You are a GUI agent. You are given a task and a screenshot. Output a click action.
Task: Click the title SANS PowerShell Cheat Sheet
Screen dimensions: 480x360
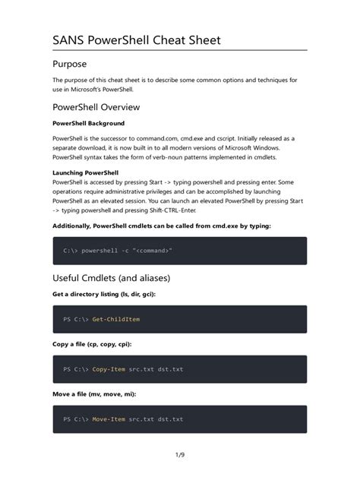[x=137, y=39]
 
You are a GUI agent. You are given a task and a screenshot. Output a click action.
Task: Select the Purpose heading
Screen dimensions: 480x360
[x=69, y=64]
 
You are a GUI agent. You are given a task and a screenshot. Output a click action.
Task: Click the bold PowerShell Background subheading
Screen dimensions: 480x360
[x=88, y=123]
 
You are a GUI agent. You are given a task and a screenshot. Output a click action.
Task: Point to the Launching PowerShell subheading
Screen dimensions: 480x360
[x=85, y=172]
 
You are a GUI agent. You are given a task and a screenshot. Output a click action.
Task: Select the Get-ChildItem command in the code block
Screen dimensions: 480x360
[x=115, y=319]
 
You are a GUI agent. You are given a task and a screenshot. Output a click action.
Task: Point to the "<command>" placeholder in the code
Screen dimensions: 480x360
[x=153, y=250]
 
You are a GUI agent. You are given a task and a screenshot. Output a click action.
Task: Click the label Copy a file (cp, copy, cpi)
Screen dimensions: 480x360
[x=92, y=344]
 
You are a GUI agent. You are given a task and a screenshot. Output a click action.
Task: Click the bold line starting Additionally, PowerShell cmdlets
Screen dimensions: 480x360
[x=160, y=226]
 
